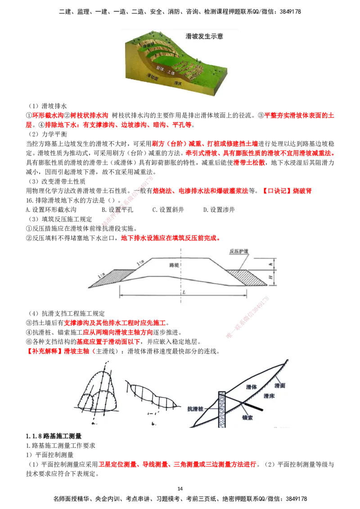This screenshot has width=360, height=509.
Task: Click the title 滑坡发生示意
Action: (204, 36)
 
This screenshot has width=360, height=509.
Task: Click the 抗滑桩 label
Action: (197, 409)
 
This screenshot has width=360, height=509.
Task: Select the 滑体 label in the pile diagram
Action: (252, 387)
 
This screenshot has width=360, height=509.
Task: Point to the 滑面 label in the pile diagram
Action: (279, 386)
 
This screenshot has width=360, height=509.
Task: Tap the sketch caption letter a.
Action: (93, 423)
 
